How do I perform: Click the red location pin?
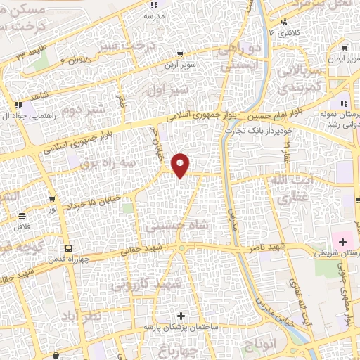[181, 165]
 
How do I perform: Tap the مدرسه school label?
[154, 15]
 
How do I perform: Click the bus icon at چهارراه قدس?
[68, 248]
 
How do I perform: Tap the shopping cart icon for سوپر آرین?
[180, 53]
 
